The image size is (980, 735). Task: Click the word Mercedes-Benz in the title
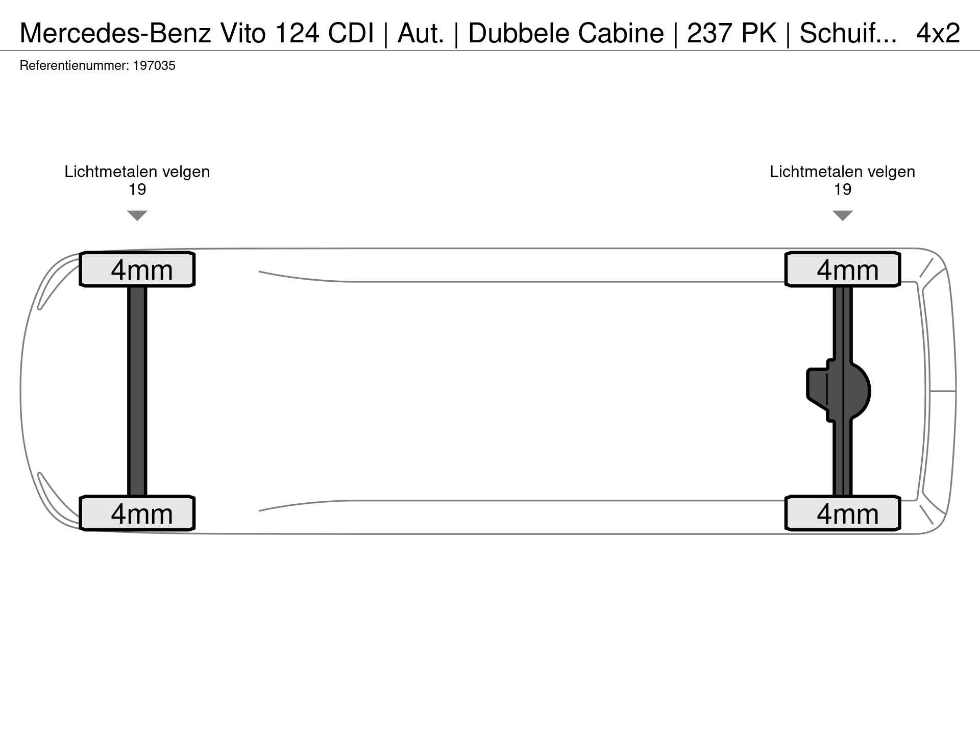[x=115, y=33]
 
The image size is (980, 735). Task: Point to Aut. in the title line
[x=421, y=33]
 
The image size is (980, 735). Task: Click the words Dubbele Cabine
[x=566, y=33]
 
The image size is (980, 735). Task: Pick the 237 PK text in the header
[x=732, y=33]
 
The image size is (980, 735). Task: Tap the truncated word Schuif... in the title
[x=848, y=33]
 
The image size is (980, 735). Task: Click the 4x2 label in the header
[x=938, y=33]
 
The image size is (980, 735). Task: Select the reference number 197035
[x=154, y=66]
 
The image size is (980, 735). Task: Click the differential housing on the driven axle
[x=838, y=391]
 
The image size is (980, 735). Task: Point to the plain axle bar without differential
[x=137, y=391]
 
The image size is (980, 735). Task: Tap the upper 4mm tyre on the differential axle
[x=843, y=269]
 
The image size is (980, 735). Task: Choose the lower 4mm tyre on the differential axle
[x=843, y=513]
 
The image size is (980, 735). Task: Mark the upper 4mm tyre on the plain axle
[x=137, y=269]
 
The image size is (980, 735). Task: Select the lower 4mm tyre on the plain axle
[x=137, y=513]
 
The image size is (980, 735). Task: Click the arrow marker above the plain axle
[x=137, y=215]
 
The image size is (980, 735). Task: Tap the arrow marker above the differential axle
[x=843, y=215]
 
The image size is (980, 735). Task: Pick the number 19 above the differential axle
[x=843, y=190]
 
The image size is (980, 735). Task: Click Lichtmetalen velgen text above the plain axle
[x=137, y=172]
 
